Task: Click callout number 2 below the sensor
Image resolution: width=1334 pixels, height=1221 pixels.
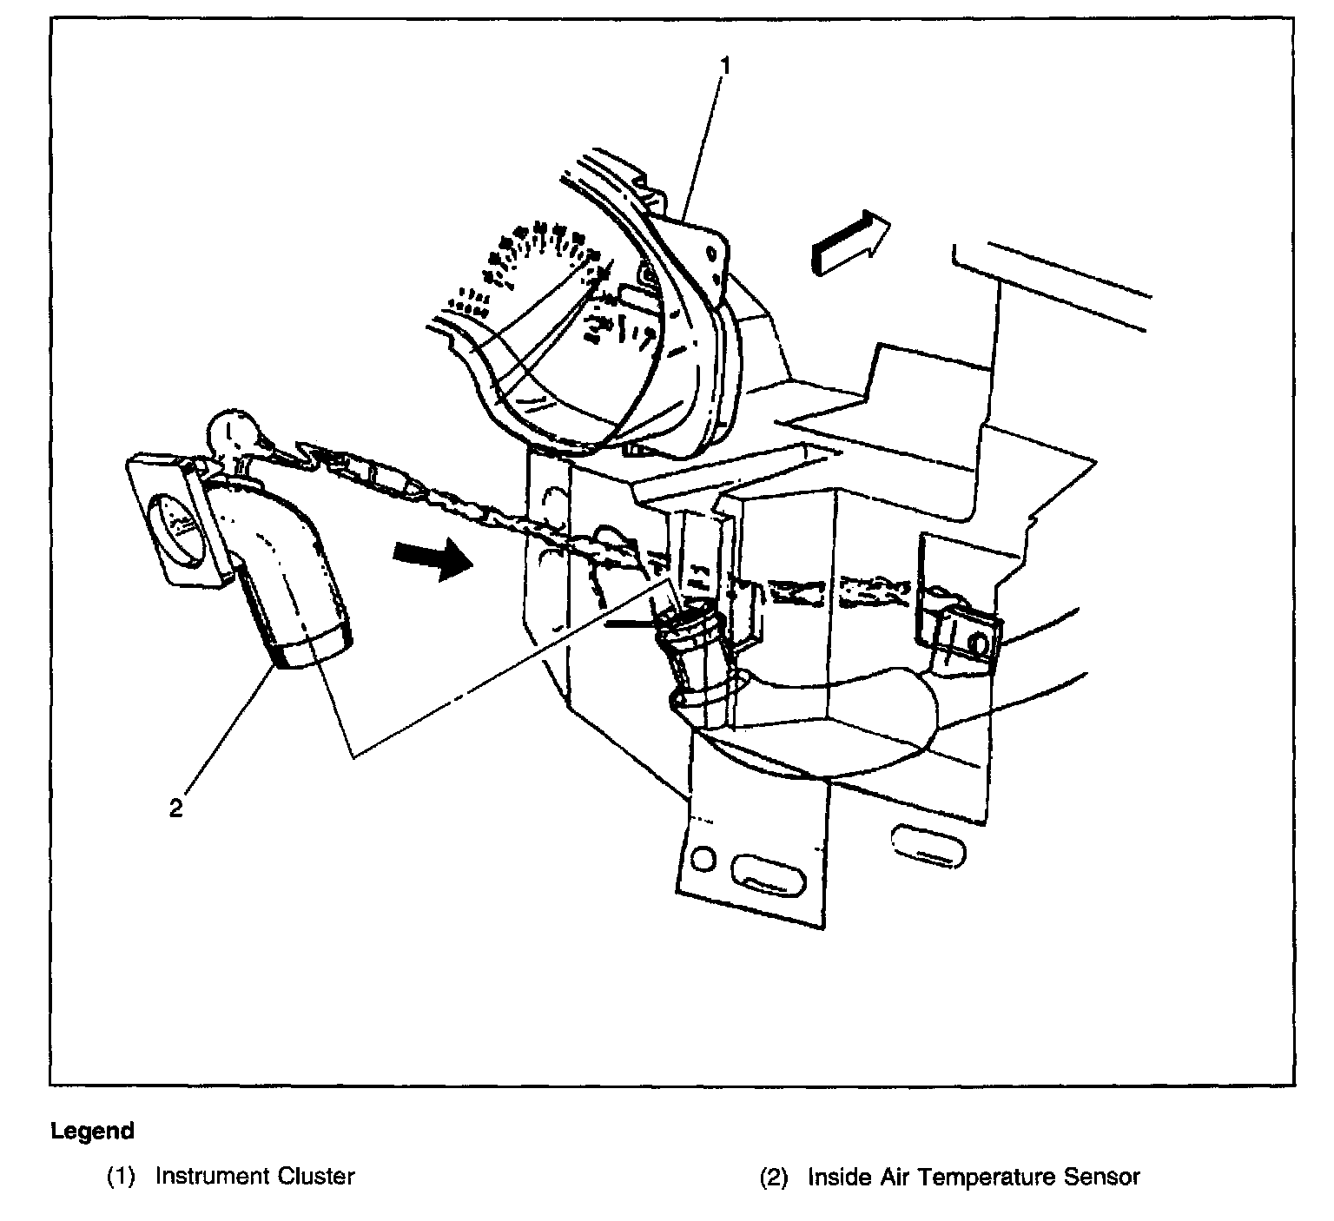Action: [176, 808]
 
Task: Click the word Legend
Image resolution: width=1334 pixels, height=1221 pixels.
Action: [93, 1131]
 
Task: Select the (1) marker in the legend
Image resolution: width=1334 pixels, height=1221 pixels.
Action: [122, 1178]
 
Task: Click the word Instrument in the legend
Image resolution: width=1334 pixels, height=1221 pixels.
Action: [212, 1177]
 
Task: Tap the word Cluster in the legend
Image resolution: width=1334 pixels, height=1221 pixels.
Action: [316, 1177]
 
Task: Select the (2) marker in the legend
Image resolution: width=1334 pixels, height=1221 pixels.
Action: [774, 1178]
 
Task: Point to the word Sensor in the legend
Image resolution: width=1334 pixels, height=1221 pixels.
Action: [1102, 1178]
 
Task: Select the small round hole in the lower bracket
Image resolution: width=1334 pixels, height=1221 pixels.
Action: [705, 860]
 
